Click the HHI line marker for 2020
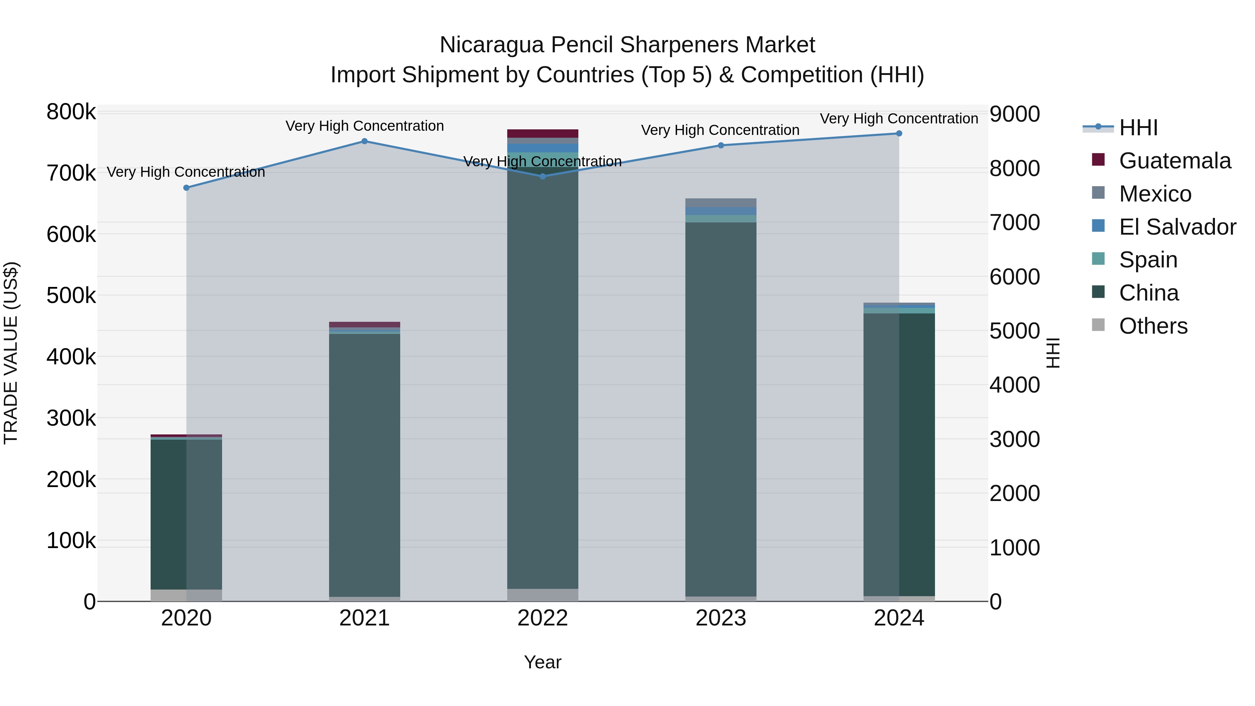coord(186,188)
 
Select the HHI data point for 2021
coord(364,141)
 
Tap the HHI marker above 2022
coord(543,176)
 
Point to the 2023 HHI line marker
coord(721,145)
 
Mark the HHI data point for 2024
coord(899,134)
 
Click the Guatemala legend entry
coord(1174,161)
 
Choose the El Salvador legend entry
coord(1177,227)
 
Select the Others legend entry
coord(1153,326)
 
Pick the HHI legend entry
coord(1138,128)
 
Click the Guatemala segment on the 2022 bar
coord(543,134)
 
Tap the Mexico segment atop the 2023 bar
coord(721,203)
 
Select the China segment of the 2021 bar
coord(364,463)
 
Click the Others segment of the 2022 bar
coord(543,595)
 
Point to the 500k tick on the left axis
coord(71,295)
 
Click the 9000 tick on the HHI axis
coord(1014,114)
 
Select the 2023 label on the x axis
coord(721,618)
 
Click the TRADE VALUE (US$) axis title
coord(11,353)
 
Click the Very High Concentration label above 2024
coord(899,119)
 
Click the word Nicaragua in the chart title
coord(492,45)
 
